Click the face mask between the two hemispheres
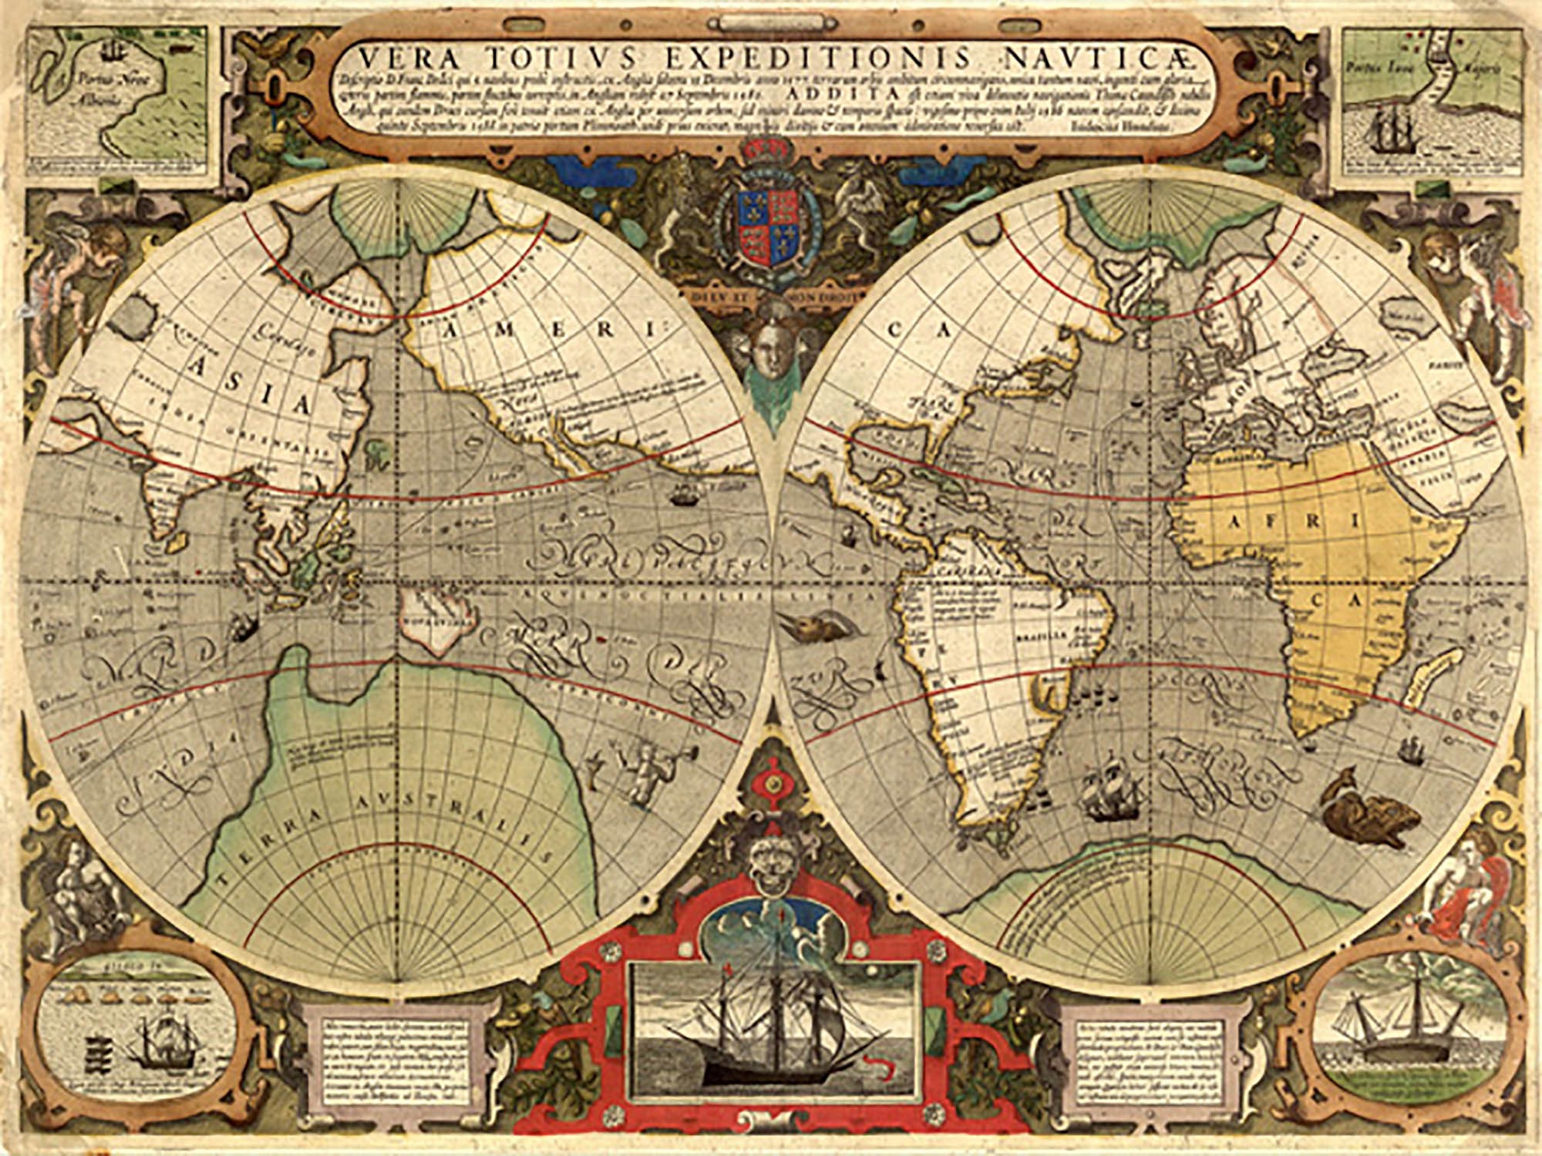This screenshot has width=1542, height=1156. point(772,347)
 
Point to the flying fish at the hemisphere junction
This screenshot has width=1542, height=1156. point(810,623)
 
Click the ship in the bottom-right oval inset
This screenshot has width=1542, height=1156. point(1403,1021)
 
